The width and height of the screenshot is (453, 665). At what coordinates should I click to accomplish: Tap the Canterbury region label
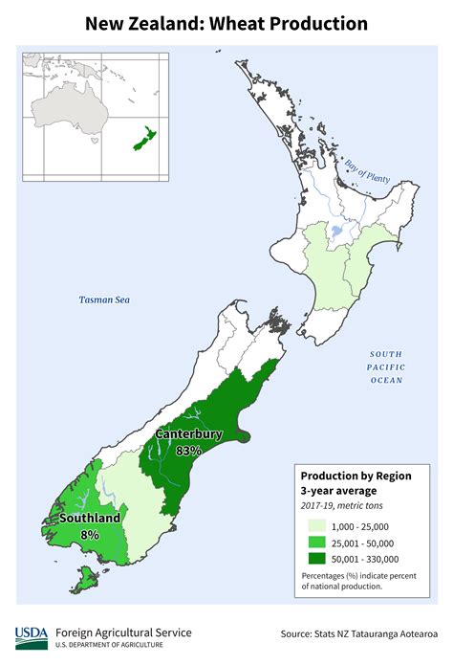(x=189, y=434)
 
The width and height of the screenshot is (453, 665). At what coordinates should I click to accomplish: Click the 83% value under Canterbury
(x=188, y=450)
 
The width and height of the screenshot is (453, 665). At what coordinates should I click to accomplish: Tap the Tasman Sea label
(x=103, y=300)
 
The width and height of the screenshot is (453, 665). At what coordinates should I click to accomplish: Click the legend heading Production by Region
(x=352, y=476)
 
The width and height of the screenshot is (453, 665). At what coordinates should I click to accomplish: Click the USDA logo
(x=31, y=637)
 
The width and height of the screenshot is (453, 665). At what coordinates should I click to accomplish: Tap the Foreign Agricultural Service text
(x=123, y=632)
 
